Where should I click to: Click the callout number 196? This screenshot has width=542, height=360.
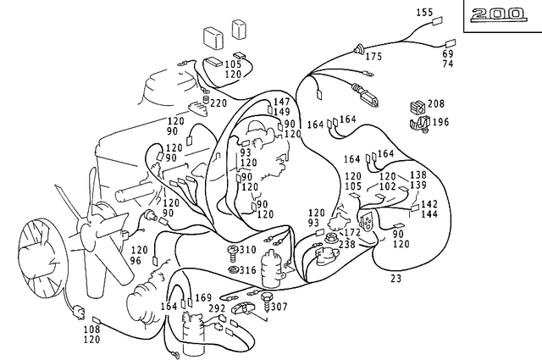click(440, 122)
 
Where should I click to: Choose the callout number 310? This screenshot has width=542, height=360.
click(247, 251)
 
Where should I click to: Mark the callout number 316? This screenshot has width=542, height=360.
click(247, 270)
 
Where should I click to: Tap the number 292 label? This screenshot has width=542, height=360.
click(217, 309)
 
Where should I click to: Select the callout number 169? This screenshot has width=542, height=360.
click(203, 298)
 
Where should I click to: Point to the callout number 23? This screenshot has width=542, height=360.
click(395, 278)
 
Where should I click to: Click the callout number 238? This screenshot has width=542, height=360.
click(348, 244)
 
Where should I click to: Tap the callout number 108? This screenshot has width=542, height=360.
click(91, 329)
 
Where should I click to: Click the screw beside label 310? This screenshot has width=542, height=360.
click(231, 252)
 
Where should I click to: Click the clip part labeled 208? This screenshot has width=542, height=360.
click(416, 106)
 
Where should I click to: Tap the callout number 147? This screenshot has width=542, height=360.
click(281, 102)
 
